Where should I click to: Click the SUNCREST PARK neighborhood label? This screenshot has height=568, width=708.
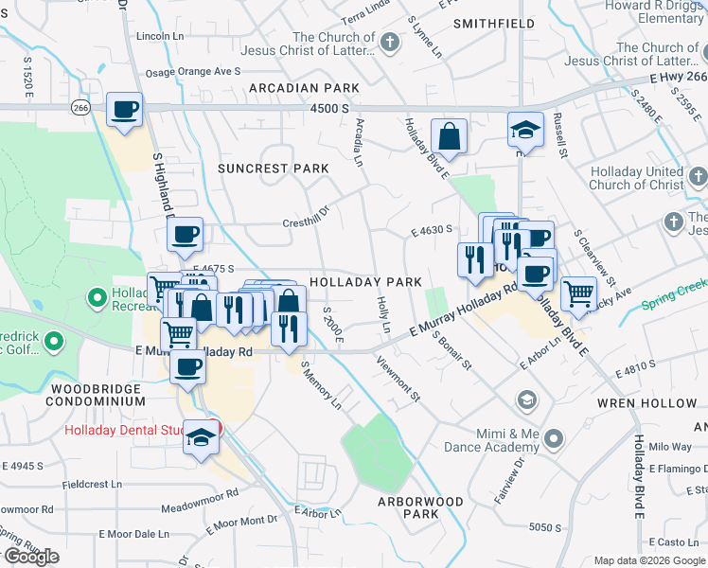pos(273,169)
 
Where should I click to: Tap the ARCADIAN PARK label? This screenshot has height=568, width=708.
pos(304,88)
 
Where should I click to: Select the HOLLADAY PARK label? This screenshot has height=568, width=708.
pos(364,282)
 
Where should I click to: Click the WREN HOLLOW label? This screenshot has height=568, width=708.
pos(647,402)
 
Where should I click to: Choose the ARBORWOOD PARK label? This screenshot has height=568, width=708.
pos(420,507)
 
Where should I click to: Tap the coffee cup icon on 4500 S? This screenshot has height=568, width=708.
pos(124,111)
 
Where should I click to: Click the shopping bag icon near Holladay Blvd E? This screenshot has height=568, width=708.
pos(450,136)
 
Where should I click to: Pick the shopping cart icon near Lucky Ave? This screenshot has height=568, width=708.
pos(578,293)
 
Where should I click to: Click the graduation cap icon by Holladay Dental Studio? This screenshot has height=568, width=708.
pos(201,438)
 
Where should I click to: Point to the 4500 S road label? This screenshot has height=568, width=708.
pos(329,109)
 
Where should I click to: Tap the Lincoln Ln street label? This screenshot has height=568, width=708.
pos(160,36)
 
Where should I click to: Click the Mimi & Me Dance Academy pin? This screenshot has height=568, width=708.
pos(554,438)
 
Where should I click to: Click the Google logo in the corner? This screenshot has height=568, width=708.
pos(31,557)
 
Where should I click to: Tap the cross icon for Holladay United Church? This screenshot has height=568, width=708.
pos(698,177)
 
